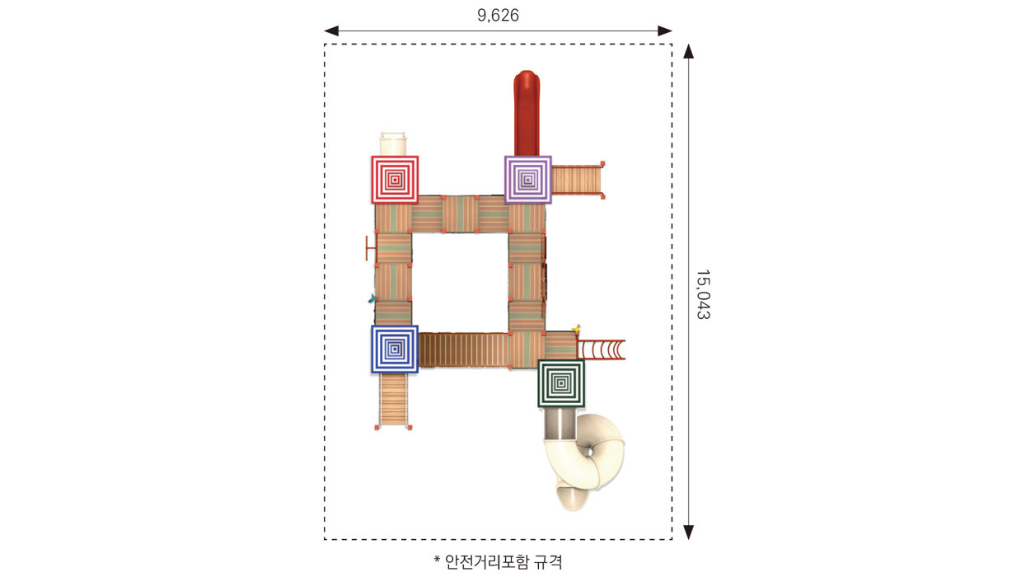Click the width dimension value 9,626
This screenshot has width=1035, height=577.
pyautogui.click(x=498, y=16)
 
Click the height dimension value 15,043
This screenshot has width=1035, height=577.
pyautogui.click(x=703, y=294)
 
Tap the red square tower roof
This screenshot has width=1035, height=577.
pyautogui.click(x=395, y=180)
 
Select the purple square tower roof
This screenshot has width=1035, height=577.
pyautogui.click(x=527, y=180)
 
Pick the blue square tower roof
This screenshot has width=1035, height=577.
pyautogui.click(x=395, y=349)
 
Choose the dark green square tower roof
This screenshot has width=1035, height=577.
pyautogui.click(x=561, y=383)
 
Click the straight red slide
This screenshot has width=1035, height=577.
pyautogui.click(x=527, y=113)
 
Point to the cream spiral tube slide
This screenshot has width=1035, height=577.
pyautogui.click(x=584, y=460)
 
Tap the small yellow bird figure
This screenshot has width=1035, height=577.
pyautogui.click(x=576, y=329)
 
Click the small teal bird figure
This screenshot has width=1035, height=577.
pyautogui.click(x=372, y=298)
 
